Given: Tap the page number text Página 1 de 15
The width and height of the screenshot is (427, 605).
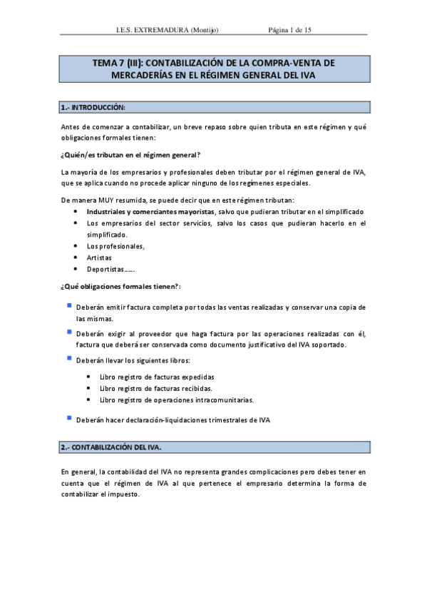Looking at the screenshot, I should point(290,30).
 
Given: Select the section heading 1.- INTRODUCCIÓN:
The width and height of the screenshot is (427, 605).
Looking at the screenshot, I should point(93,107).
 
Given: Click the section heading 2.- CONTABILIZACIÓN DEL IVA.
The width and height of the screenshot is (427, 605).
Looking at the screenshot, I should point(112,447).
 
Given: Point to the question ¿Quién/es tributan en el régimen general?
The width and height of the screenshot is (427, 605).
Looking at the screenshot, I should point(130,154).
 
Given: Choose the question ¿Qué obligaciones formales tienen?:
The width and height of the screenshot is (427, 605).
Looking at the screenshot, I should point(120,286).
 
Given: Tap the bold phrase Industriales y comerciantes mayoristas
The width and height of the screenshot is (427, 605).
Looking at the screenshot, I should point(150,212).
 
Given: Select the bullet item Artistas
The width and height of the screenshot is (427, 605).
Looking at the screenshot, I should point(99,257).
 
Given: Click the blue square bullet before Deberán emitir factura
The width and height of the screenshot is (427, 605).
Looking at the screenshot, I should point(68,305).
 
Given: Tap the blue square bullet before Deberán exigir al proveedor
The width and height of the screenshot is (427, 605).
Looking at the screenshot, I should point(68,332).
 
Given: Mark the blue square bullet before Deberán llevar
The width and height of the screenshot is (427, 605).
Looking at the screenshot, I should point(68,358).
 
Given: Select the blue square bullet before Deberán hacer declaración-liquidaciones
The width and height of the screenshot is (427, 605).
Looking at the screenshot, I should point(68,417).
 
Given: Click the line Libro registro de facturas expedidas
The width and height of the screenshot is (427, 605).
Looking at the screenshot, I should point(157,377).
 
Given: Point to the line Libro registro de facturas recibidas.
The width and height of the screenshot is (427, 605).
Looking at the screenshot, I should point(156,388).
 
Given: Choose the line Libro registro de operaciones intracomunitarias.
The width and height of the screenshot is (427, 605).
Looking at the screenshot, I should point(177,400).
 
